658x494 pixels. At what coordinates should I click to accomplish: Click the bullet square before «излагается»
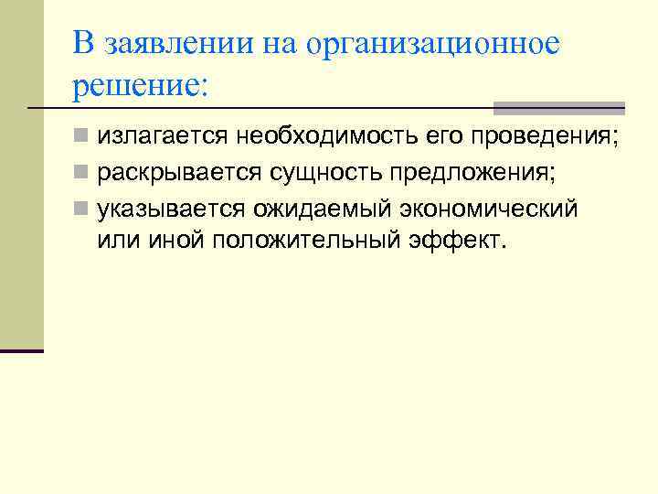[x=82, y=138]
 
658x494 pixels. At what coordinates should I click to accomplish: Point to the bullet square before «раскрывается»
[x=82, y=173]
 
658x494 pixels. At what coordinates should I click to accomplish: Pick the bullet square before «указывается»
[x=82, y=208]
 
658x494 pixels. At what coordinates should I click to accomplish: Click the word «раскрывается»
[x=180, y=173]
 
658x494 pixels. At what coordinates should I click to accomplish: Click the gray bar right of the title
[x=559, y=108]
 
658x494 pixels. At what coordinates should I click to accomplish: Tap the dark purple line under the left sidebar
[x=22, y=350]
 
